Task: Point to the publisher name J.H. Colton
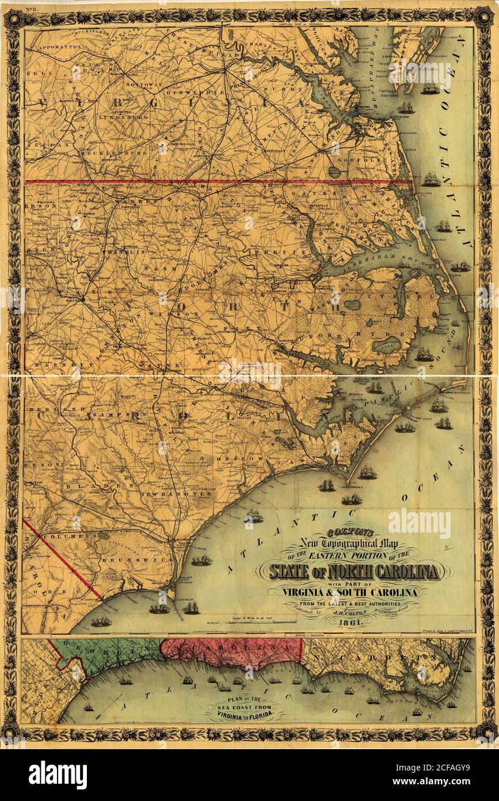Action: tap(352, 613)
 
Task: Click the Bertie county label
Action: tap(283, 252)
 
